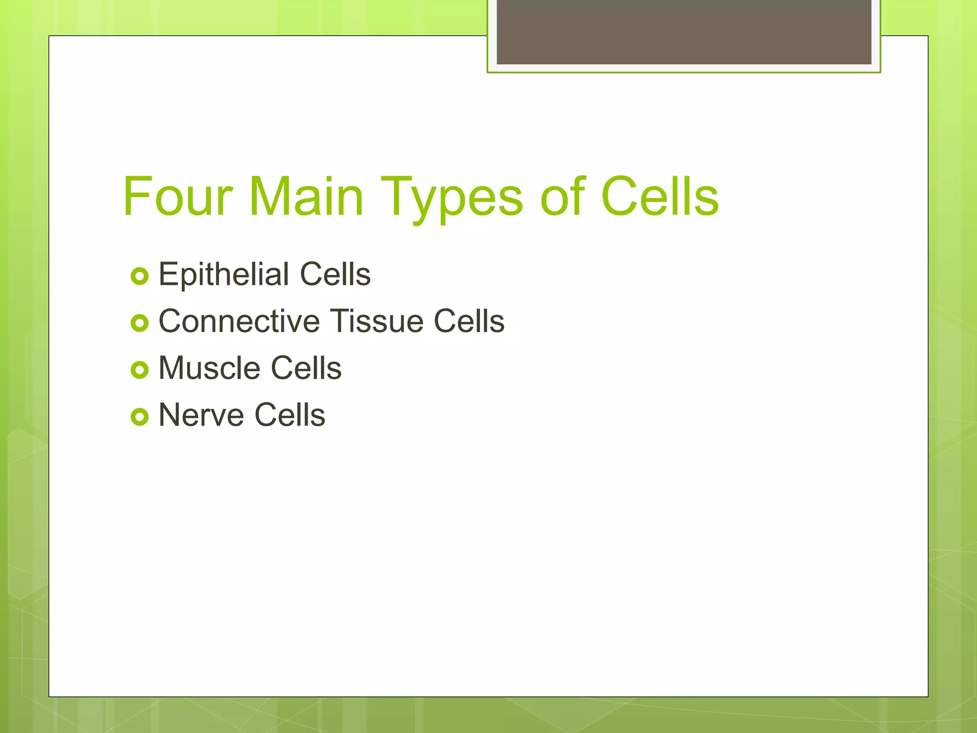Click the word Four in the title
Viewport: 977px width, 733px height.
[177, 197]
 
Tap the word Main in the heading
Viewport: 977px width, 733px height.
[306, 197]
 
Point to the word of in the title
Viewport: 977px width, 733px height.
[562, 197]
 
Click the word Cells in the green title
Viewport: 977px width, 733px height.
[659, 197]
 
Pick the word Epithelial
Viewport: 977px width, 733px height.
[224, 274]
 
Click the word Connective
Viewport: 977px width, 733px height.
[239, 321]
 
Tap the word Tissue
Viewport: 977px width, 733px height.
[376, 321]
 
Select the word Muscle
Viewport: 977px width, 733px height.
[209, 368]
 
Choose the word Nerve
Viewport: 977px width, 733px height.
[201, 415]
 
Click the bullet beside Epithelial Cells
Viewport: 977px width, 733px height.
[140, 276]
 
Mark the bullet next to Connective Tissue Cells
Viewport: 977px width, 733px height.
[140, 323]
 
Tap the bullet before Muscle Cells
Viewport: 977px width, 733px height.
[140, 370]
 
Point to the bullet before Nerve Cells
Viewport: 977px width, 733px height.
[140, 417]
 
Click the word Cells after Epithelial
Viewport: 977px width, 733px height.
[335, 274]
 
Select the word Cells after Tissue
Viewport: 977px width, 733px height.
[469, 321]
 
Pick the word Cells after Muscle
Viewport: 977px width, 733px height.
[306, 368]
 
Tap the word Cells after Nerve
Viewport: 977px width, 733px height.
[290, 415]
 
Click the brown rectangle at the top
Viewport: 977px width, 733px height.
[684, 31]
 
